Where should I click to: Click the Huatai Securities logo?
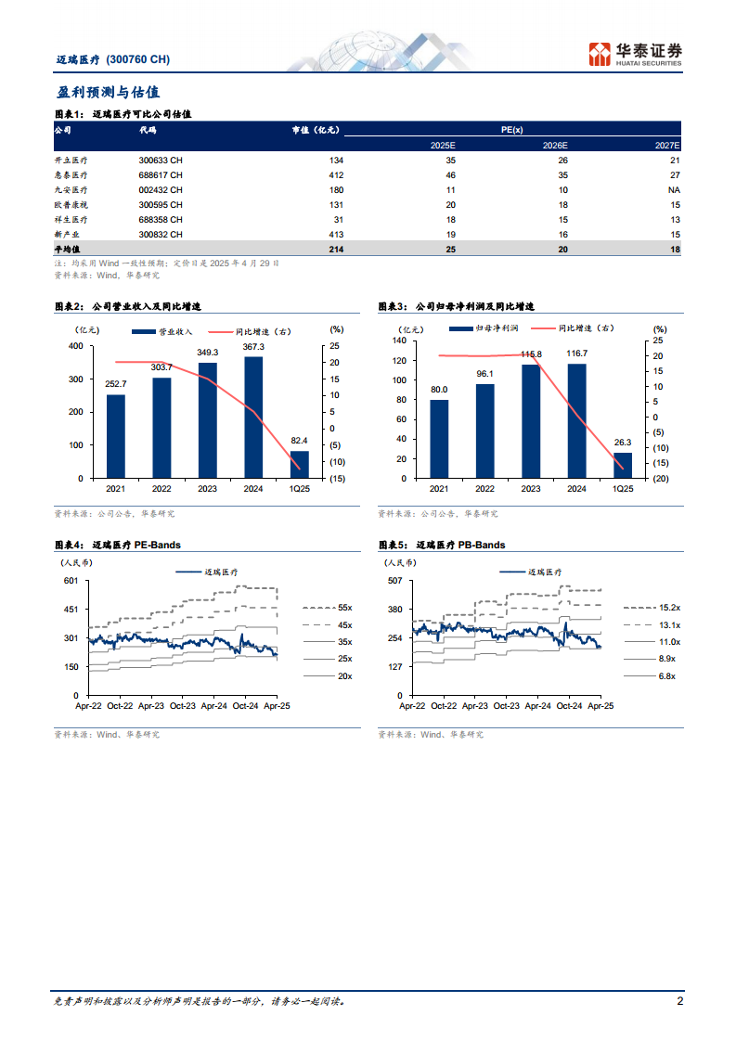click(x=636, y=54)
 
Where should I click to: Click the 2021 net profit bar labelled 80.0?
click(x=439, y=439)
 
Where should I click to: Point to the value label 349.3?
click(x=208, y=353)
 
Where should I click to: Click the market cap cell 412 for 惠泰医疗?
click(x=335, y=174)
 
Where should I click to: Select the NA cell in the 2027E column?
click(x=673, y=189)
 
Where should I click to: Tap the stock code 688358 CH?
click(x=161, y=219)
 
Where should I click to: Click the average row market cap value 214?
click(x=335, y=250)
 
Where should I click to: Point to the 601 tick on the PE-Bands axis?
click(x=71, y=581)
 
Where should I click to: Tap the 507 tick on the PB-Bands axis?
click(x=394, y=581)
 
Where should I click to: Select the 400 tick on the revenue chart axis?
click(x=75, y=346)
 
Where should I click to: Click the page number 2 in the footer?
click(x=679, y=1001)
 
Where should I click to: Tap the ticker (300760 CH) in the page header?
click(x=138, y=59)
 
